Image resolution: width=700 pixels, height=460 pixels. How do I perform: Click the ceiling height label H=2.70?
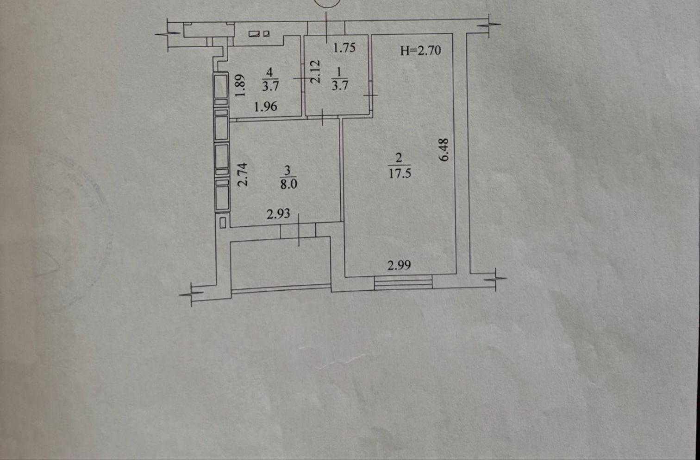pyautogui.click(x=421, y=51)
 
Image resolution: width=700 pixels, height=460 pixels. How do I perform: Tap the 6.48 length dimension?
pyautogui.click(x=444, y=150)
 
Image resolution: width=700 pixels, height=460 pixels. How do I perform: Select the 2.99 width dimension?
pyautogui.click(x=399, y=265)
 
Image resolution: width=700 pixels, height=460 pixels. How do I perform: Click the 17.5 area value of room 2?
pyautogui.click(x=400, y=173)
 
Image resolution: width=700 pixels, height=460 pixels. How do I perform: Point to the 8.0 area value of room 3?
pyautogui.click(x=288, y=184)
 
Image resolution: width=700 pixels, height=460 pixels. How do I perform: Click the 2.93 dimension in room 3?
pyautogui.click(x=278, y=214)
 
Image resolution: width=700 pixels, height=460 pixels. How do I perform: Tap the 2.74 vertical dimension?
pyautogui.click(x=243, y=175)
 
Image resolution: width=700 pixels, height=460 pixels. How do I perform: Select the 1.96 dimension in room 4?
pyautogui.click(x=266, y=107)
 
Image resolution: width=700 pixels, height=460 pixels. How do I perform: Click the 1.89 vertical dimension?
pyautogui.click(x=240, y=85)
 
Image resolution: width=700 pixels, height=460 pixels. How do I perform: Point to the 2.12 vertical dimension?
pyautogui.click(x=315, y=72)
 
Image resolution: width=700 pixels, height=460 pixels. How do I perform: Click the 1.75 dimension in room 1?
pyautogui.click(x=344, y=48)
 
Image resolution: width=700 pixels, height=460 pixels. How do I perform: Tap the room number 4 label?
pyautogui.click(x=269, y=73)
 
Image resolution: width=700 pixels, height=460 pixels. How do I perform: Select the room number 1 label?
pyautogui.click(x=339, y=73)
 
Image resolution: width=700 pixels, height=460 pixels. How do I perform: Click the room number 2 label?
pyautogui.click(x=399, y=158)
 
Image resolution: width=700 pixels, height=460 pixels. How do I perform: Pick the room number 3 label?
pyautogui.click(x=287, y=170)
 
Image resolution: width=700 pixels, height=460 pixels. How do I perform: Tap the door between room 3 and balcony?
pyautogui.click(x=298, y=230)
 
